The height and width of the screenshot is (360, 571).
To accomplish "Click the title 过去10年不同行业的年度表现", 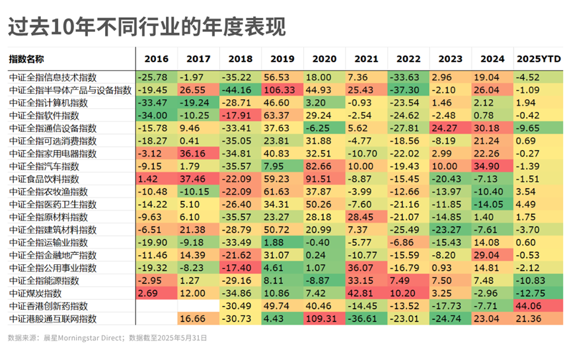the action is pyautogui.click(x=147, y=26).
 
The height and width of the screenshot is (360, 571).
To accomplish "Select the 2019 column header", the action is pyautogui.click(x=282, y=59).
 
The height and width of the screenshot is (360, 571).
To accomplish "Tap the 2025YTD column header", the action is pyautogui.click(x=539, y=59).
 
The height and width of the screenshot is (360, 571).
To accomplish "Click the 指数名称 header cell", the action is pyautogui.click(x=26, y=59).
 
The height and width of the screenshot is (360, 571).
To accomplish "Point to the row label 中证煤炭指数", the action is pyautogui.click(x=35, y=293).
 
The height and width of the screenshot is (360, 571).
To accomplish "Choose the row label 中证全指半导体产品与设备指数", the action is pyautogui.click(x=70, y=90).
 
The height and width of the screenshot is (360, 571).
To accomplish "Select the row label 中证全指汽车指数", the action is pyautogui.click(x=44, y=166).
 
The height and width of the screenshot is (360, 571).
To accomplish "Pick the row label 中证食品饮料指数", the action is pyautogui.click(x=44, y=179).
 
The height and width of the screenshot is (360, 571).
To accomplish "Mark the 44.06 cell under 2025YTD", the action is pyautogui.click(x=538, y=306).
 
